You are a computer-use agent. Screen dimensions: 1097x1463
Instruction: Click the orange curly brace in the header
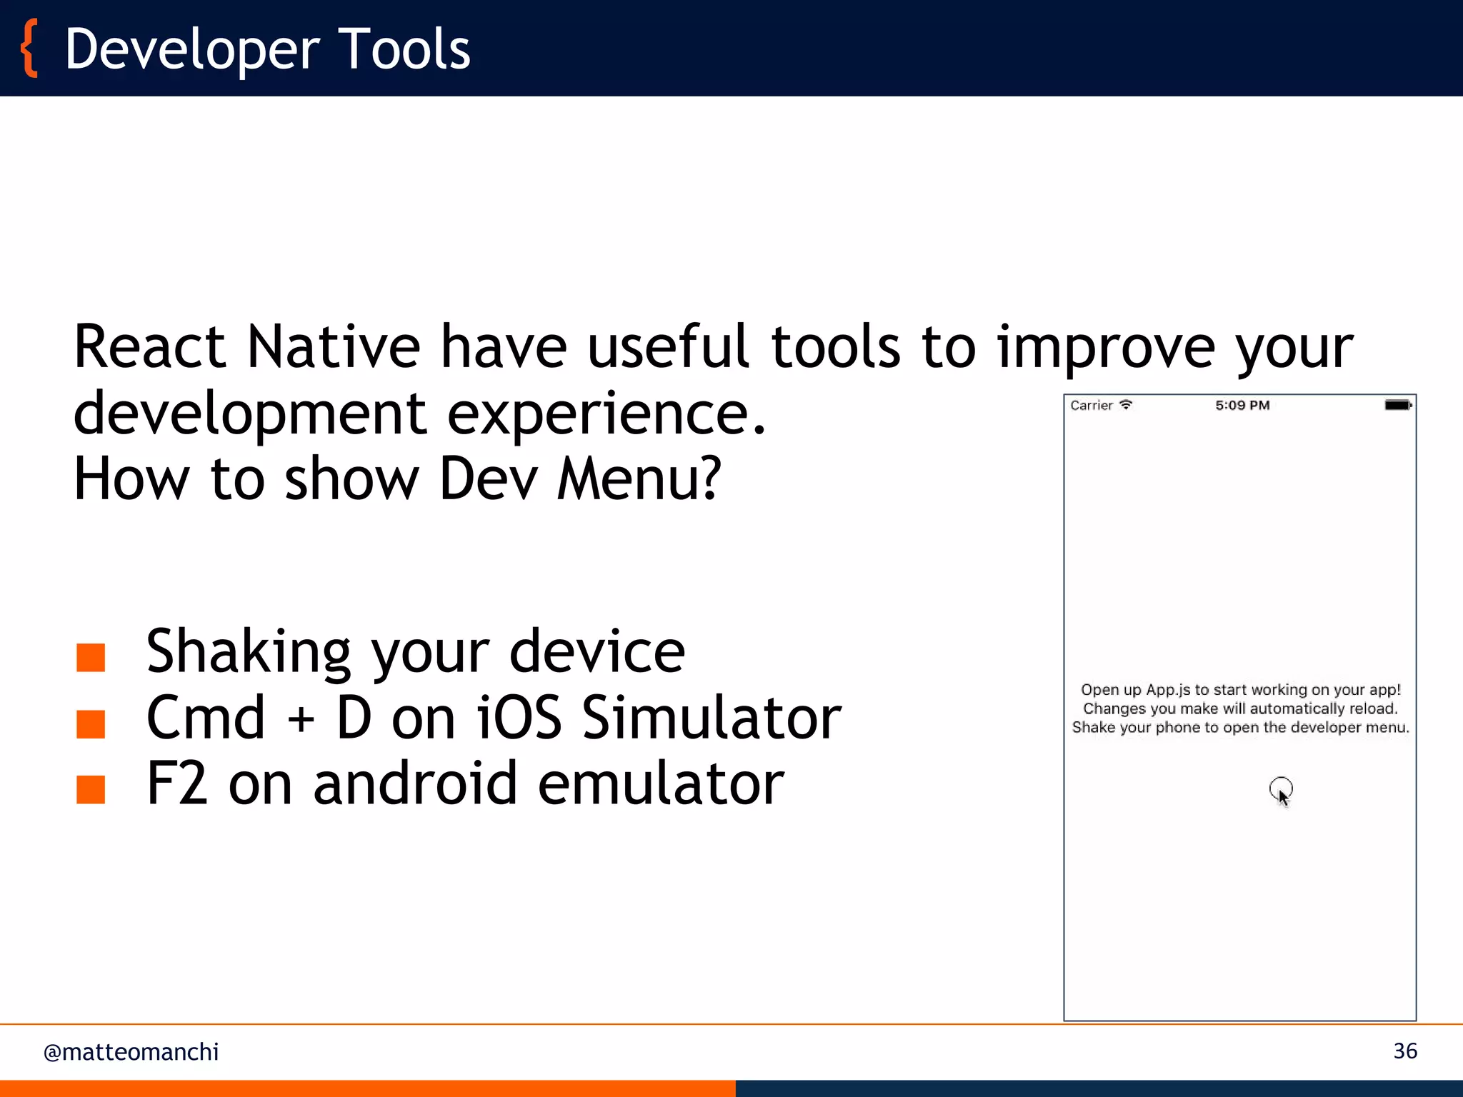click(x=29, y=49)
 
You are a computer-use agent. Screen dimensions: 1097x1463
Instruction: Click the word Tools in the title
click(x=404, y=49)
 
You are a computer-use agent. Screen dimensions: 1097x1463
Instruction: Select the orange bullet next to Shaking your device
click(x=91, y=657)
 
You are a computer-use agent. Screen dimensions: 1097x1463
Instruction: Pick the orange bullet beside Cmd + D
click(x=91, y=723)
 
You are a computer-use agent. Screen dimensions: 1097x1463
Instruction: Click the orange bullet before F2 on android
click(x=91, y=789)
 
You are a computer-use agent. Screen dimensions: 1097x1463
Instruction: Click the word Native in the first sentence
click(x=333, y=347)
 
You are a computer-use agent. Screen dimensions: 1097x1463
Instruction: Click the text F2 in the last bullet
click(x=176, y=784)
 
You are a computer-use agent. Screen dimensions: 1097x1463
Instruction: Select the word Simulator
click(x=711, y=718)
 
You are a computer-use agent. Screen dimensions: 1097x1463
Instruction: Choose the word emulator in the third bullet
click(x=661, y=784)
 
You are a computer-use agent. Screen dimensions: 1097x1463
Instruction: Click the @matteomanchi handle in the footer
click(x=131, y=1052)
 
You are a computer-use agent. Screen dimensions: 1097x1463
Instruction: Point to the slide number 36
click(x=1404, y=1051)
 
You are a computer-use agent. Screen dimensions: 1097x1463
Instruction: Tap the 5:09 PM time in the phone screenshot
click(x=1242, y=405)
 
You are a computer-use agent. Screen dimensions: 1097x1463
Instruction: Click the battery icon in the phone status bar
click(x=1397, y=405)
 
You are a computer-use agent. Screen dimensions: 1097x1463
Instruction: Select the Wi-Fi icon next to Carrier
click(x=1126, y=404)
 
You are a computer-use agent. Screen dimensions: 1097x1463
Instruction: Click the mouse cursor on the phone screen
click(x=1282, y=794)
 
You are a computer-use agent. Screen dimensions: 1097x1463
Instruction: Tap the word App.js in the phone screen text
click(x=1168, y=690)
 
